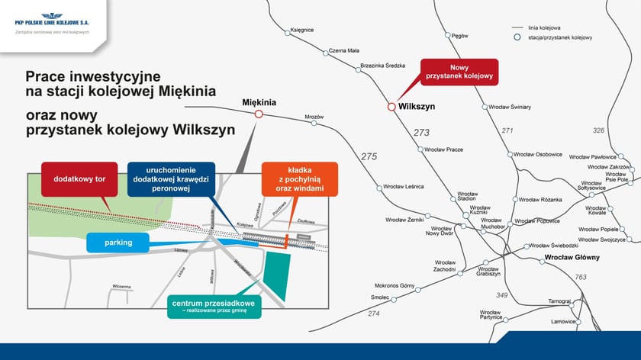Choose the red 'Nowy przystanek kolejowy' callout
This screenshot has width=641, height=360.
click(459, 72)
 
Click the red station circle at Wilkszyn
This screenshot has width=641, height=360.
click(391, 107)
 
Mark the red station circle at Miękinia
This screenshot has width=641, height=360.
click(259, 114)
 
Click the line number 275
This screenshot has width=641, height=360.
click(369, 156)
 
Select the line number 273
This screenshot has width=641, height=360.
click(421, 133)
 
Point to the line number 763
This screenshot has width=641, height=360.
click(581, 277)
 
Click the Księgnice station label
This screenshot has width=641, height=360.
click(302, 30)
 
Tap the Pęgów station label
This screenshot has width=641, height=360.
click(459, 35)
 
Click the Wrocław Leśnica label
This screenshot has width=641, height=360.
click(404, 186)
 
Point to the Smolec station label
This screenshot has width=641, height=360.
click(380, 297)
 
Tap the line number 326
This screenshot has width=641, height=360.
click(598, 130)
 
